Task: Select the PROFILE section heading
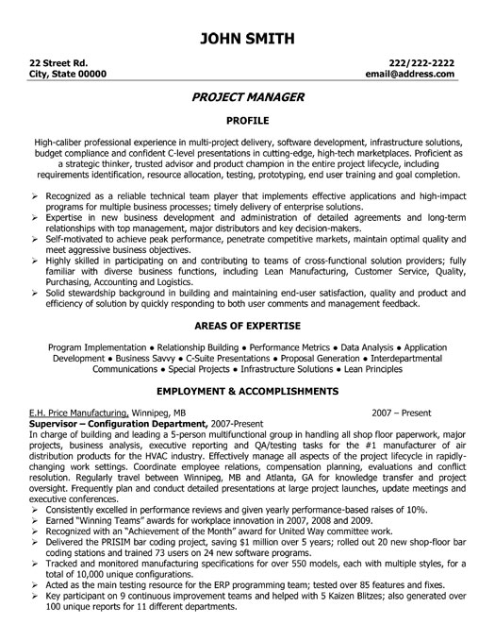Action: [x=247, y=121]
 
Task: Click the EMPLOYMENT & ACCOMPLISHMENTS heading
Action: [x=247, y=391]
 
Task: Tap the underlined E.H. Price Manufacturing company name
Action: [x=80, y=413]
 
